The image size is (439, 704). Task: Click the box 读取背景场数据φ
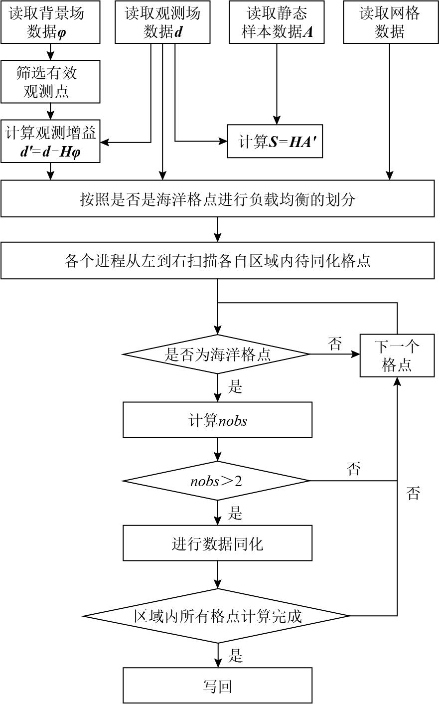50,22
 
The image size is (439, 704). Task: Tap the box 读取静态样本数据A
277,22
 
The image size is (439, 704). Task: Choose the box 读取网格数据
390,22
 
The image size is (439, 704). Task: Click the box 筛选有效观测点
50,82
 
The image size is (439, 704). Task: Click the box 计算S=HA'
275,142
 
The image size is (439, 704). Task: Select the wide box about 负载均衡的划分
217,199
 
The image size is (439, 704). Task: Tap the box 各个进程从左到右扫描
217,260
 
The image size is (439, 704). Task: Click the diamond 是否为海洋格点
217,354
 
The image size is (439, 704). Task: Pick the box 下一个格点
397,355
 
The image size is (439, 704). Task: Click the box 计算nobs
217,420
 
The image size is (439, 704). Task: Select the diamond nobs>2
217,481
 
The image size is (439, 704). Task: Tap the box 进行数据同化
217,543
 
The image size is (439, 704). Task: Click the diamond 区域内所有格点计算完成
217,616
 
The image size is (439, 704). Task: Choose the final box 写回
217,686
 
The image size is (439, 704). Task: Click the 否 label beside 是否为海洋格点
335,344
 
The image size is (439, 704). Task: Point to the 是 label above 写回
235,656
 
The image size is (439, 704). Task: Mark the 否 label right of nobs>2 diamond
353,469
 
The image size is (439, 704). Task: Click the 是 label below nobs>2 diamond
235,513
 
